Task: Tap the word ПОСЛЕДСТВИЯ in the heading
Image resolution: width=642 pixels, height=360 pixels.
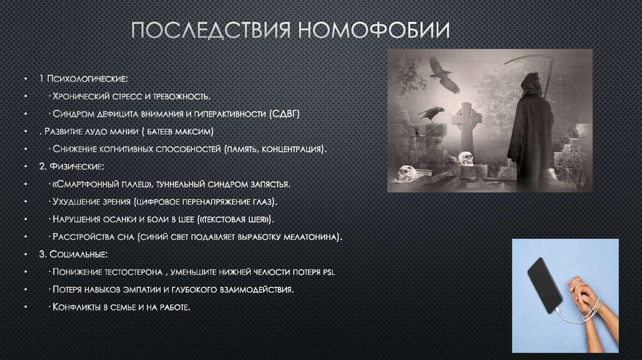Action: (213, 29)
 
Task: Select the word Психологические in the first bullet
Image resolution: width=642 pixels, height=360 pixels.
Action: (87, 80)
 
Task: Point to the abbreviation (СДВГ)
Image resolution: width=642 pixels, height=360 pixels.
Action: (285, 115)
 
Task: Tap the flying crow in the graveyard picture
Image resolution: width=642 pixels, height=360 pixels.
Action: (443, 73)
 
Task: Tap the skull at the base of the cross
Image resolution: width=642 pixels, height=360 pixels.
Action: (466, 158)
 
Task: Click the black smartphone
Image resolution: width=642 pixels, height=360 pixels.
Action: (544, 284)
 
